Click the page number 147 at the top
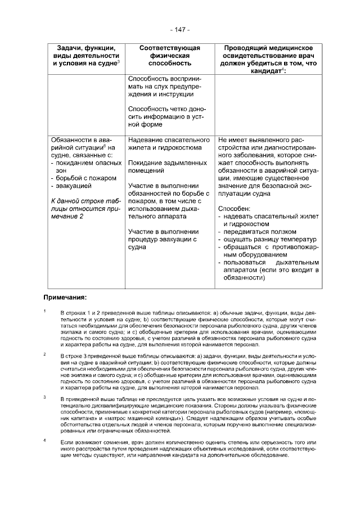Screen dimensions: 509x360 (x=179, y=29)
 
